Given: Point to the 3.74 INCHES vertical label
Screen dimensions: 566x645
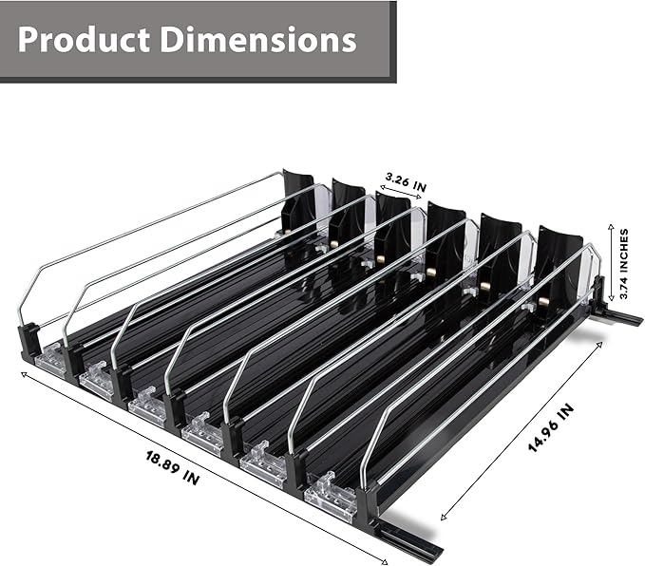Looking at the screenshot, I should coord(624,263).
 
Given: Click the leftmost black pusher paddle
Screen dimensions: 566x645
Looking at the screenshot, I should coord(297,201).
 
